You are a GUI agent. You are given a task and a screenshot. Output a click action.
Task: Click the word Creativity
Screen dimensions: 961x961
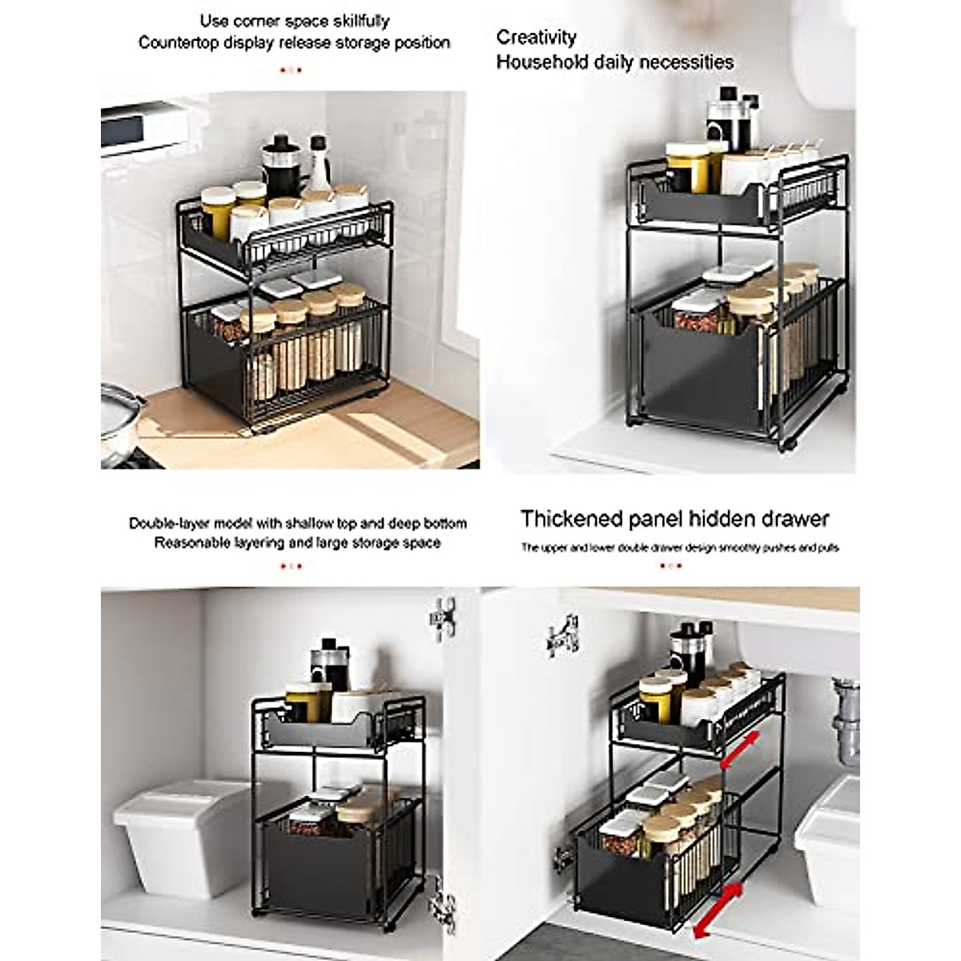point(536,37)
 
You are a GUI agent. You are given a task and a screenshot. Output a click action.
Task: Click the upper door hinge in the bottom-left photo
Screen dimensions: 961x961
point(442,617)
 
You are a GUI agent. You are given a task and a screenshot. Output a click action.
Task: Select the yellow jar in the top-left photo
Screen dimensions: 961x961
point(216,211)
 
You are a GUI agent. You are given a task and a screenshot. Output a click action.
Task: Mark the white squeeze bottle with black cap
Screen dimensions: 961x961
point(319,169)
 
